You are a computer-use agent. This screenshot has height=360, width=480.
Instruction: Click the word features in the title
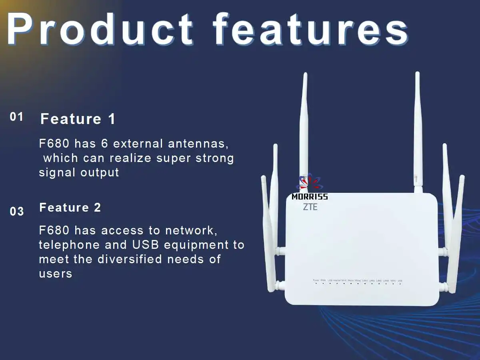[x=310, y=29]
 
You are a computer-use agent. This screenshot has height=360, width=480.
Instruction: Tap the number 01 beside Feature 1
[x=17, y=117]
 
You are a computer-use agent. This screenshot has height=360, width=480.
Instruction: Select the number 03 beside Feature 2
[x=17, y=212]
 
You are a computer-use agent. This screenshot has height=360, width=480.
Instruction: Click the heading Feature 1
[x=78, y=119]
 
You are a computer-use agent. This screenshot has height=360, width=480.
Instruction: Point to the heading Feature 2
[x=70, y=208]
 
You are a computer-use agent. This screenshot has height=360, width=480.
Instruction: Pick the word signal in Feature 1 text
[x=58, y=172]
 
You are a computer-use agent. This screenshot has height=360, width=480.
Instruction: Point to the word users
[x=56, y=274]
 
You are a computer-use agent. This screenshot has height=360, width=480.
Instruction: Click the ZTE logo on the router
[x=310, y=206]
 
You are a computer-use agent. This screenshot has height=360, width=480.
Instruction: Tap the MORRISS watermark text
[x=310, y=197]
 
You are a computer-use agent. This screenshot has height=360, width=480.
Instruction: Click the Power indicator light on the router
[x=316, y=283]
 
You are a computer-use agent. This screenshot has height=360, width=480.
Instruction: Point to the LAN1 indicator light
[x=365, y=283]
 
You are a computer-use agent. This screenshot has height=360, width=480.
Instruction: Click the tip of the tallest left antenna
[x=305, y=75]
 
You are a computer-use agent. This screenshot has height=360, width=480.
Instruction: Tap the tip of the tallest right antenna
[x=417, y=74]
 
